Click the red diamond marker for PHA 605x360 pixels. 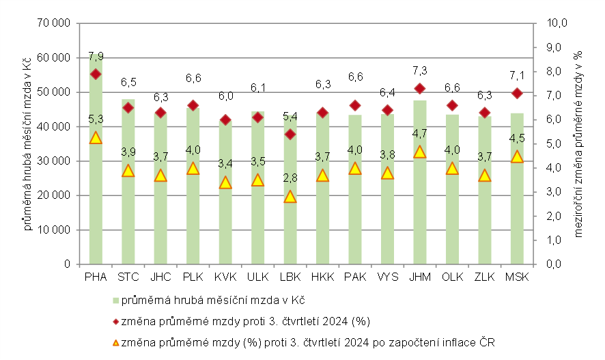[x=96, y=74]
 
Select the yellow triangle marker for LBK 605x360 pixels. [x=290, y=197]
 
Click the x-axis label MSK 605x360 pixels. [x=516, y=277]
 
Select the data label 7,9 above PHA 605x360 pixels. [x=96, y=56]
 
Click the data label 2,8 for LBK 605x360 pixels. [x=290, y=178]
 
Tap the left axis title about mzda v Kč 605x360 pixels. [x=29, y=143]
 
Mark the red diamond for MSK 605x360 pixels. [x=517, y=93]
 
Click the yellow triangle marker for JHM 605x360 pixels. [x=420, y=152]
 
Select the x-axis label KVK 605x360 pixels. [x=225, y=277]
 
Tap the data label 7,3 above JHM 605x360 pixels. [x=420, y=70]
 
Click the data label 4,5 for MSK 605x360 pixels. [x=517, y=139]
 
